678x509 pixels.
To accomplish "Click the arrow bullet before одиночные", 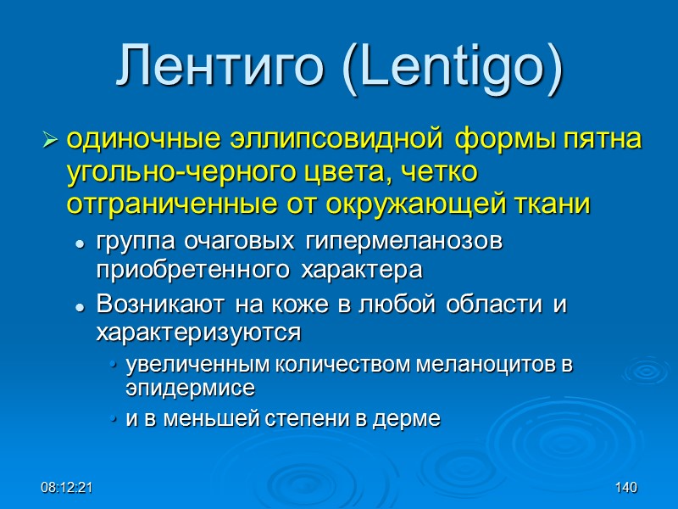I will [50, 138].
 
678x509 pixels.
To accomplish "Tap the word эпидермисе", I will [190, 388].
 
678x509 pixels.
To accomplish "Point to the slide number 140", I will [625, 489].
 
